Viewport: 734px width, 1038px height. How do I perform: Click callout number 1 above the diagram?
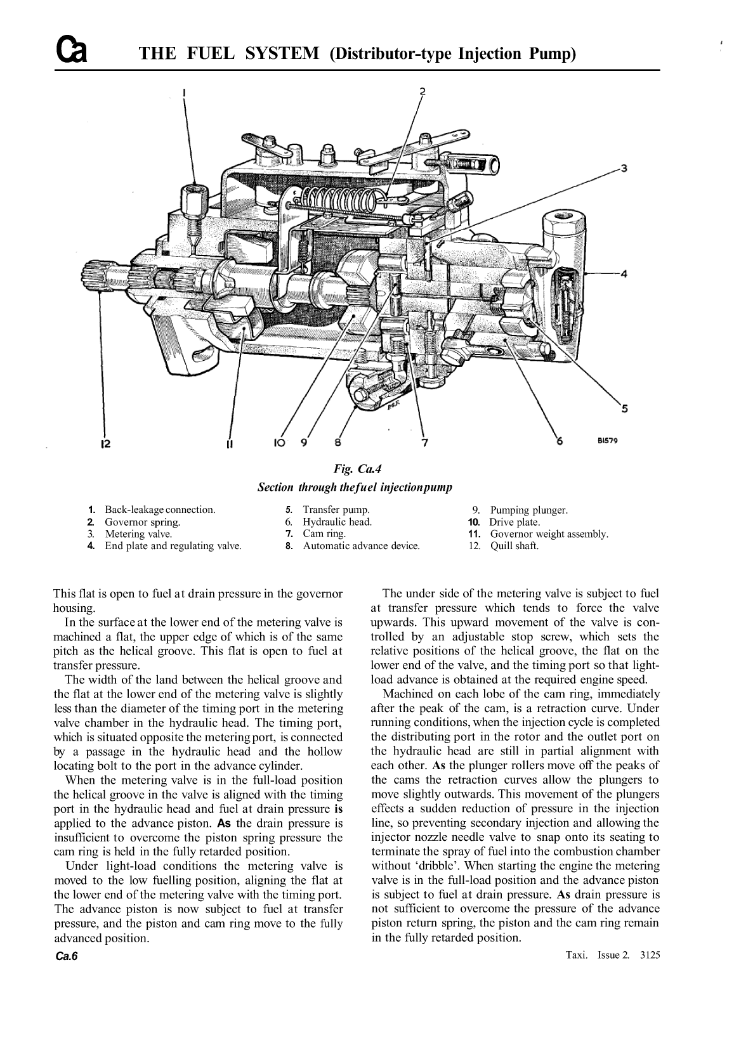coord(184,93)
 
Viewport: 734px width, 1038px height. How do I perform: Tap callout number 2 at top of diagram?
coord(423,90)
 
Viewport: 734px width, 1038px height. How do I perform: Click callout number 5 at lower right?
coord(624,408)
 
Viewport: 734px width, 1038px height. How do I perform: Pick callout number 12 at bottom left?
coord(105,443)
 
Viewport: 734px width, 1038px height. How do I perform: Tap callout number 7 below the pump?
coord(424,442)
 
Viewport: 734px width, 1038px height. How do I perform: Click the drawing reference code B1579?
coord(607,443)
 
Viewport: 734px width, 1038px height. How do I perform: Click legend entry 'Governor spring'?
coord(142,522)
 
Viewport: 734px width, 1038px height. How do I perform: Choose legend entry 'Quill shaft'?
coord(514,546)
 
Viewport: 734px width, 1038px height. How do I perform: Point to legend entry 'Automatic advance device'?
coord(361,546)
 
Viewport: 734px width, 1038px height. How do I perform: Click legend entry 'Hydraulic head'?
coord(337,522)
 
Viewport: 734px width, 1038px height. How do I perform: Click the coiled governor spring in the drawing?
coord(339,202)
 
